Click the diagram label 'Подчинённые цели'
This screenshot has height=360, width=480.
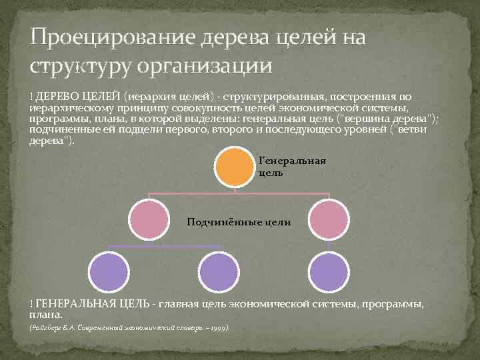pos(239,223)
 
